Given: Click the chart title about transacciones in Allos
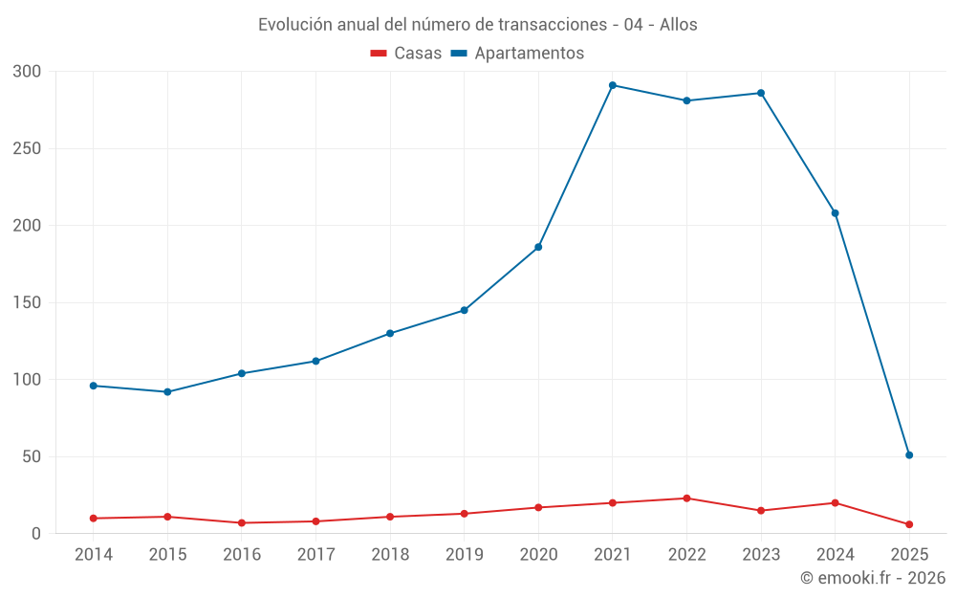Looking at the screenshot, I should pos(478,24).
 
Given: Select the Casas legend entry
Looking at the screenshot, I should pos(406,53).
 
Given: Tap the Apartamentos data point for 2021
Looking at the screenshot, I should pos(613,85).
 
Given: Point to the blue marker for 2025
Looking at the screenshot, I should pos(909,454).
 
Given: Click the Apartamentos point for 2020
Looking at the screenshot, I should pos(538,247).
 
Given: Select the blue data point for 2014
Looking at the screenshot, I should pos(94,386).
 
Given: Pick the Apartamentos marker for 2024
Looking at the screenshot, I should pos(836,213).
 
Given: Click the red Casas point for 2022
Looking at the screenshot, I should pos(686,498).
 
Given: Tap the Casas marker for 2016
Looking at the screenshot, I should pos(242,522).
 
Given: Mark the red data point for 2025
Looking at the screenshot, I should pos(909,524).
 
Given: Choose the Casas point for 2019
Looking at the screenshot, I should pos(465,514).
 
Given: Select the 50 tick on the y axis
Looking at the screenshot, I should pos(32,456).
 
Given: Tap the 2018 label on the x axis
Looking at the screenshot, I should pos(390,555).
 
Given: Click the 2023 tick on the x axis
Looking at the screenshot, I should pos(761,555).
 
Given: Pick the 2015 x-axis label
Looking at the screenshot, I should pos(167,555).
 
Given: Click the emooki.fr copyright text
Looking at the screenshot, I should pos(873,578).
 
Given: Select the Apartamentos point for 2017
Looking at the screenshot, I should pos(315,361).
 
